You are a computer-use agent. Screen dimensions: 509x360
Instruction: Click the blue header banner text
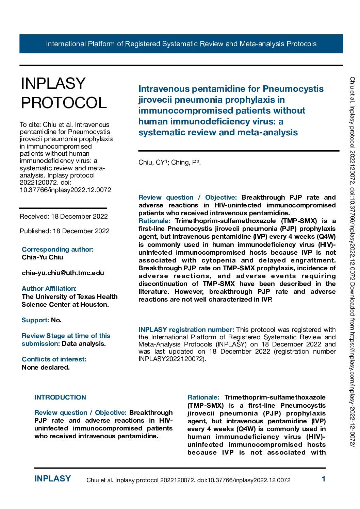coord(181,44)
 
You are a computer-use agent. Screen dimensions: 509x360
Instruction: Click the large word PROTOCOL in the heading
coord(64,103)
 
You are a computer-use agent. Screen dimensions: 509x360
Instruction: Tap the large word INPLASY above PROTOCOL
coord(53,83)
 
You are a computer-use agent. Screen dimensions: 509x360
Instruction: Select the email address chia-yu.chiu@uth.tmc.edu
coord(63,273)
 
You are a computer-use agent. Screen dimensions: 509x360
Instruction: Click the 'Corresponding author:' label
coord(58,249)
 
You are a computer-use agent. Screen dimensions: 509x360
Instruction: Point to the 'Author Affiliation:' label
coord(49,288)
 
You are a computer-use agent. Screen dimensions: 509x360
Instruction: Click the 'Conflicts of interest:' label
coord(54,359)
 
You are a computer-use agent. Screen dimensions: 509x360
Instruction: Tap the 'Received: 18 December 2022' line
coord(64,216)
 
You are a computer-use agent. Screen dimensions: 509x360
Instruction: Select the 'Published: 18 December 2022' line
coord(65,231)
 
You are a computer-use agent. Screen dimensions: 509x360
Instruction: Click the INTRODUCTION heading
coord(60,397)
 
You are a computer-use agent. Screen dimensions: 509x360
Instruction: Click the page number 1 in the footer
coord(323,479)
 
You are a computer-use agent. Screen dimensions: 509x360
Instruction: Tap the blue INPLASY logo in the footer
coord(52,479)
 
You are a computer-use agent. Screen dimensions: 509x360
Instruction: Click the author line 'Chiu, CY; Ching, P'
coord(169,163)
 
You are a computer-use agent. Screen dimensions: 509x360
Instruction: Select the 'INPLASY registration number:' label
coord(186,329)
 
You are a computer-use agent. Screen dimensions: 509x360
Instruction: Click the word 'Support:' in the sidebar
coord(35,320)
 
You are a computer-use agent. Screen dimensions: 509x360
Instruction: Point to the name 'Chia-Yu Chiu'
coord(43,257)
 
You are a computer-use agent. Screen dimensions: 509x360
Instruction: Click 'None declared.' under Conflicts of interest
coord(46,367)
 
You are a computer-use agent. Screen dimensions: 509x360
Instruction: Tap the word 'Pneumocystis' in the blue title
coord(293,89)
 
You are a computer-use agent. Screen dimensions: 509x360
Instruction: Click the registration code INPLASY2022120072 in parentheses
coord(171,359)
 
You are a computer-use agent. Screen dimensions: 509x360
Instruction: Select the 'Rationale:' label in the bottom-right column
coord(203,397)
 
